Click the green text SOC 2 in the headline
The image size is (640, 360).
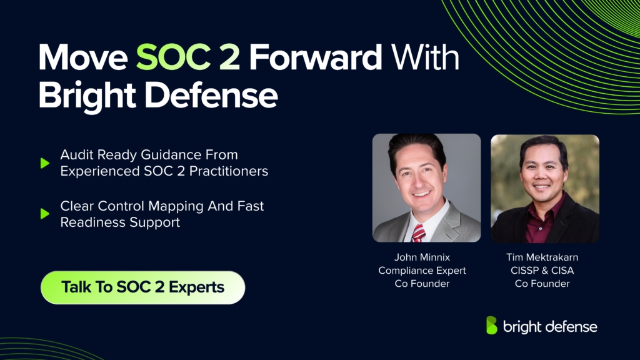(188, 59)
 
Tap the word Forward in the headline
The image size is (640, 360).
(316, 59)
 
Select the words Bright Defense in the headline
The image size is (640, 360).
(157, 96)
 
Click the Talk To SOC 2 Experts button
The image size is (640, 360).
(142, 287)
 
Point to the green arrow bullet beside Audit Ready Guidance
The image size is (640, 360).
(44, 163)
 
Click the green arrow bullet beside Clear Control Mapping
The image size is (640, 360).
(44, 214)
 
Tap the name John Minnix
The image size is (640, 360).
(422, 257)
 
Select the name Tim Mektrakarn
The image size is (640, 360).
(542, 257)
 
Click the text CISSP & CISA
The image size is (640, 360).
(542, 271)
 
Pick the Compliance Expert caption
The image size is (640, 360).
(422, 271)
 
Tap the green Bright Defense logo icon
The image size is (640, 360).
(492, 326)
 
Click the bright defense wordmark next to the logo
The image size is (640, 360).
(549, 326)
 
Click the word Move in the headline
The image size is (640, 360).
(83, 59)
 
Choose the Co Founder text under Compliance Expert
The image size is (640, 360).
(422, 284)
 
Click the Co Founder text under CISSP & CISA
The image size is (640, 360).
(542, 284)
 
